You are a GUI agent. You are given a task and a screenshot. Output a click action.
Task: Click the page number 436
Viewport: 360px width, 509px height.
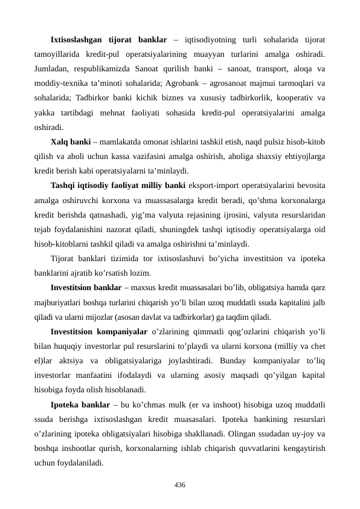click(179, 485)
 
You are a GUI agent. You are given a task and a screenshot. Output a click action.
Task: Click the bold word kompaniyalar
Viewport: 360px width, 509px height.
click(121, 332)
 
